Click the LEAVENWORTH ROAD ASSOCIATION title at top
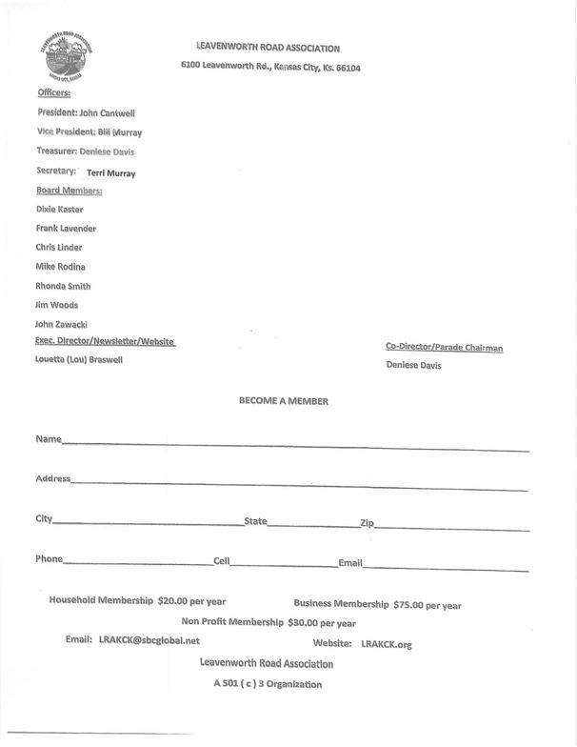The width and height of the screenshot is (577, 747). [267, 48]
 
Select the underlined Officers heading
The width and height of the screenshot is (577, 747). [53, 93]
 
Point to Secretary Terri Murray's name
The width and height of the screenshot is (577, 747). [110, 173]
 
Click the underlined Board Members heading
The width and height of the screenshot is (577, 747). [69, 191]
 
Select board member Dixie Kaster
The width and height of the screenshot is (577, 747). [60, 209]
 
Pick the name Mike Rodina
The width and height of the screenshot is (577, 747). [60, 267]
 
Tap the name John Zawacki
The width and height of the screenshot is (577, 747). [62, 325]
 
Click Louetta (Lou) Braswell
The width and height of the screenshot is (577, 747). [79, 360]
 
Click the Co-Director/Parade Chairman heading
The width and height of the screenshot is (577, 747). [444, 348]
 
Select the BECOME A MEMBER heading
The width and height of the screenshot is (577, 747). [284, 401]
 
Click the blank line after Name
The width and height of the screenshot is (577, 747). [295, 444]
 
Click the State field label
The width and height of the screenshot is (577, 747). [255, 521]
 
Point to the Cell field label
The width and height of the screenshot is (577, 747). [221, 561]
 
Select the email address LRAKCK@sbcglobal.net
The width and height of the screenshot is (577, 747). [149, 641]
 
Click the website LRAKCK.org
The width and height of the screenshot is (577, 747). [387, 645]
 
